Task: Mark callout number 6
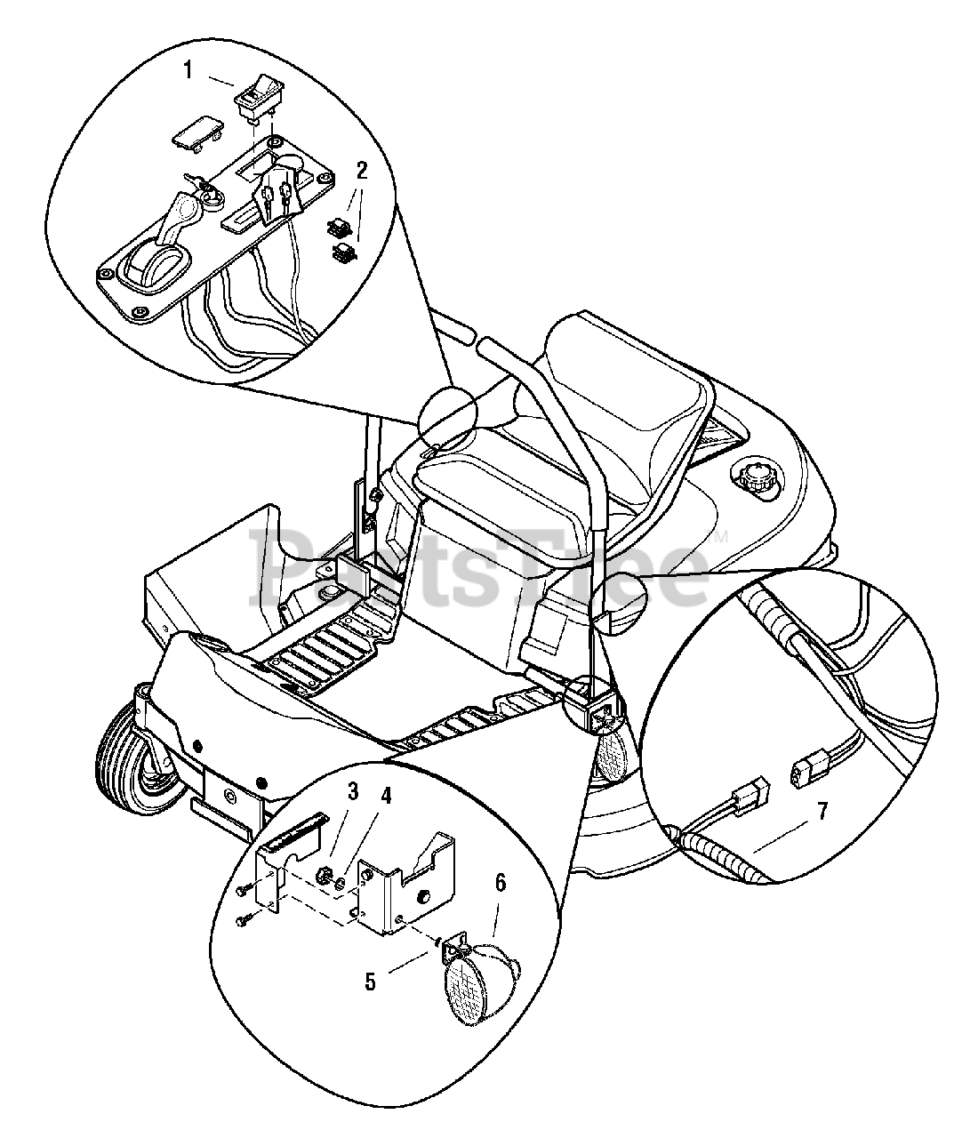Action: [x=500, y=883]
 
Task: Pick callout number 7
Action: [x=822, y=812]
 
